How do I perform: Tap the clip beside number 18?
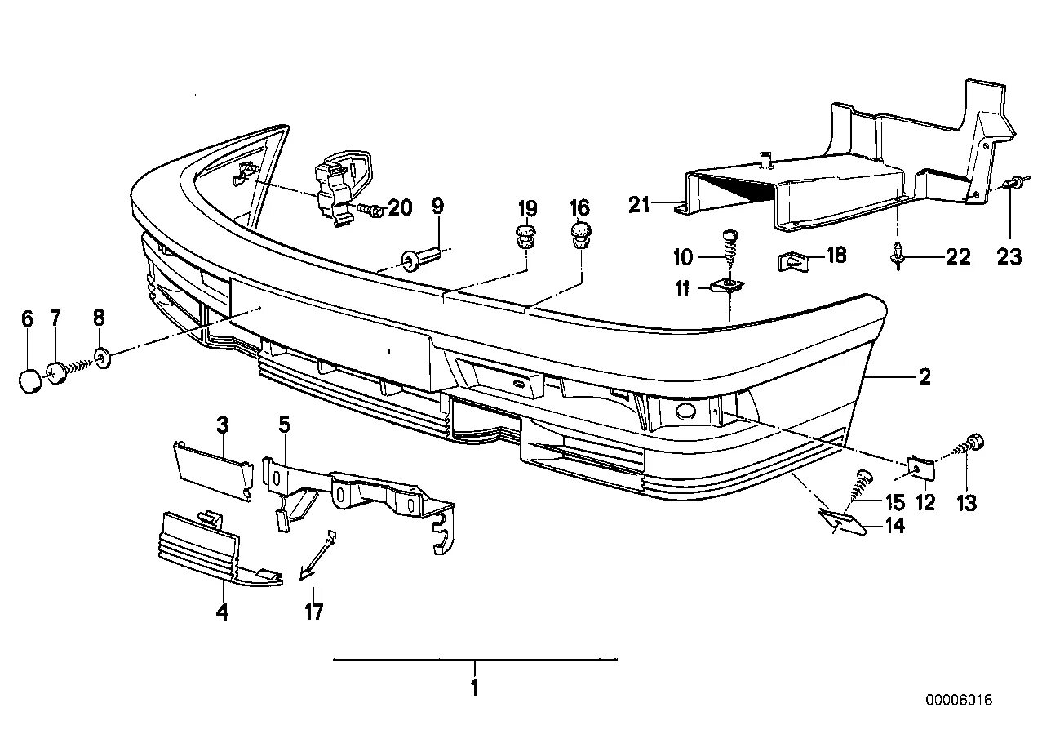tap(789, 262)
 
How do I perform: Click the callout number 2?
tap(924, 376)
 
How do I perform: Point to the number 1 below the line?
tap(474, 688)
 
